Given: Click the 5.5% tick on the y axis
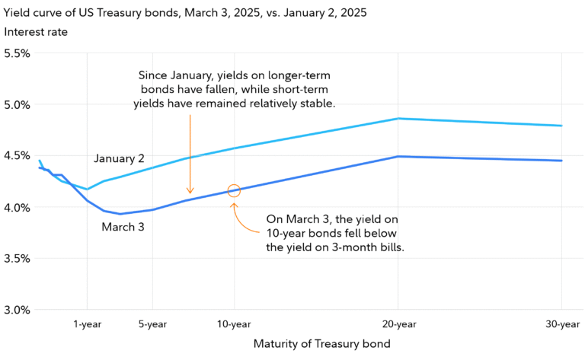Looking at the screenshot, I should (17, 53).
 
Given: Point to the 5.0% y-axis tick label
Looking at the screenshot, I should (17, 104).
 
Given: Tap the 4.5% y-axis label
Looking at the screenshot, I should (17, 156).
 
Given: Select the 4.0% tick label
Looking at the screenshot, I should (17, 207).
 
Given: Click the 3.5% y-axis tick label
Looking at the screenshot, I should (17, 258).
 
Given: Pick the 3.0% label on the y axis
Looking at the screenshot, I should (17, 310).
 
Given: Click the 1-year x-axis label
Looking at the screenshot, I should (88, 323).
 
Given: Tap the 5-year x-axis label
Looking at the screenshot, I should (152, 323).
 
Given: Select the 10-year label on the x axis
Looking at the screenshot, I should (234, 323).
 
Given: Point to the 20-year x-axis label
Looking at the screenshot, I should (398, 323).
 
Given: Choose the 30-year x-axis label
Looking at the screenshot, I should (561, 323).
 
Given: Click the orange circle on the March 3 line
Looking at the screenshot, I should (234, 190).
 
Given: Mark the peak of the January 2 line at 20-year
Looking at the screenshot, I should (398, 119).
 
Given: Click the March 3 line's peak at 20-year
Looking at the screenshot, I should (398, 156).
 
